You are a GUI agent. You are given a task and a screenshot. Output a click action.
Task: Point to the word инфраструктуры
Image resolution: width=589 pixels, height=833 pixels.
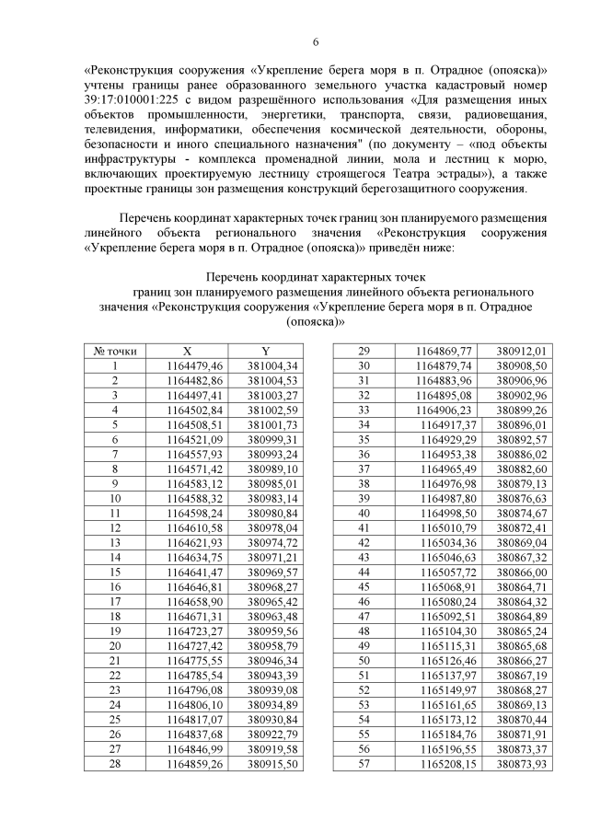132,159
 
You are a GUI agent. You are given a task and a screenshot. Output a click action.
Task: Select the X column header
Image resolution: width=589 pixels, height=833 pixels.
187,350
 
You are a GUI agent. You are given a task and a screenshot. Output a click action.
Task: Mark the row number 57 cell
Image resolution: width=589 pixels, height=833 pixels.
364,763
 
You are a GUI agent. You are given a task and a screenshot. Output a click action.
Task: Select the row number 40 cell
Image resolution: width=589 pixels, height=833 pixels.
364,513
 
